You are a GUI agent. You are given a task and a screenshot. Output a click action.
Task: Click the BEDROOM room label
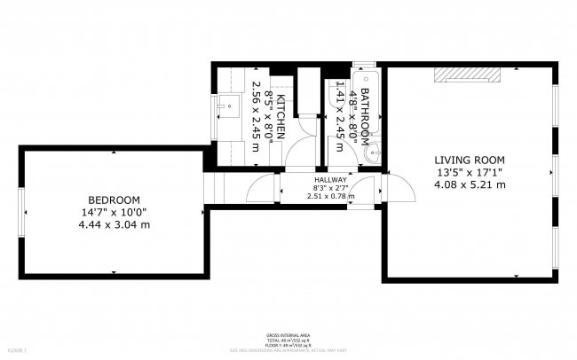click(114, 199)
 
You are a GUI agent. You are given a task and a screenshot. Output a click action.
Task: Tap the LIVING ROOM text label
click(470, 160)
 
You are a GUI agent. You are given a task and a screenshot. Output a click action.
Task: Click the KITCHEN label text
click(281, 113)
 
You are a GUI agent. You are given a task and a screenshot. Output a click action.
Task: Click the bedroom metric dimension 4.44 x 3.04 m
click(114, 225)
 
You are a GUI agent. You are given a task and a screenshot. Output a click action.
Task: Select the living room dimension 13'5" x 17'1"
click(470, 172)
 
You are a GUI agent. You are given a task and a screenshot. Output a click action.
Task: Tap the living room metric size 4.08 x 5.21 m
click(470, 184)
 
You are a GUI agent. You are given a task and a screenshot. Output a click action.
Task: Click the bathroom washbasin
click(373, 153)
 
